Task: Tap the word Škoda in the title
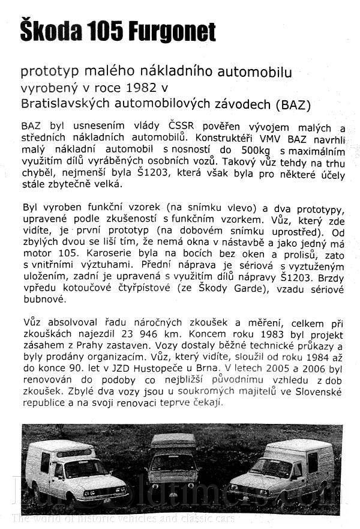47,31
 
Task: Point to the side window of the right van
312,462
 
